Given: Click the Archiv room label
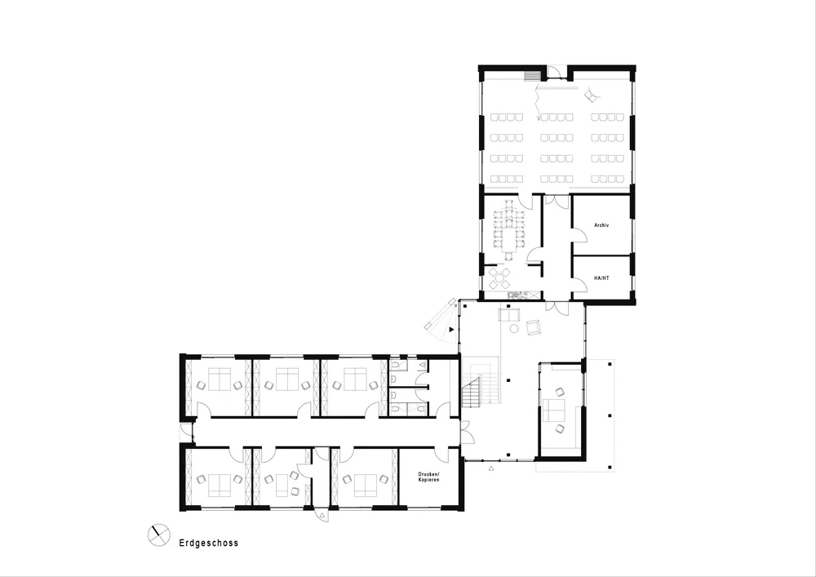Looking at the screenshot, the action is (x=601, y=225).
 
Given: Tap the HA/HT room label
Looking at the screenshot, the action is (x=601, y=278).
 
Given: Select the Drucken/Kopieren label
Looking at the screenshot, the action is (x=429, y=477).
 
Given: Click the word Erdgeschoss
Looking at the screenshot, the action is (x=209, y=543).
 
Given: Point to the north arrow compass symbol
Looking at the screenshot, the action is (x=159, y=535).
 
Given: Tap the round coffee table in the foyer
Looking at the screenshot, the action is (x=514, y=328).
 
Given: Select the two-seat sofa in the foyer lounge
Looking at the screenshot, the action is (x=509, y=315).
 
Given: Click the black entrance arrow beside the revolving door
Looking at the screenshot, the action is (x=451, y=330).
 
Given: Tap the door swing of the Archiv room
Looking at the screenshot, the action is (x=579, y=235).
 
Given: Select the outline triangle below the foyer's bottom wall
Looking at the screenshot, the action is (x=491, y=469).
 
